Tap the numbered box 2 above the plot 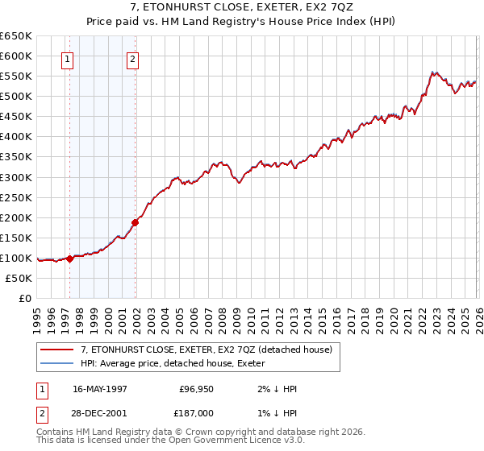[x=131, y=58]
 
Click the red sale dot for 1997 [x=70, y=259]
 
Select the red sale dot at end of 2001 [x=136, y=222]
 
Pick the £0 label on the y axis [x=24, y=298]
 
